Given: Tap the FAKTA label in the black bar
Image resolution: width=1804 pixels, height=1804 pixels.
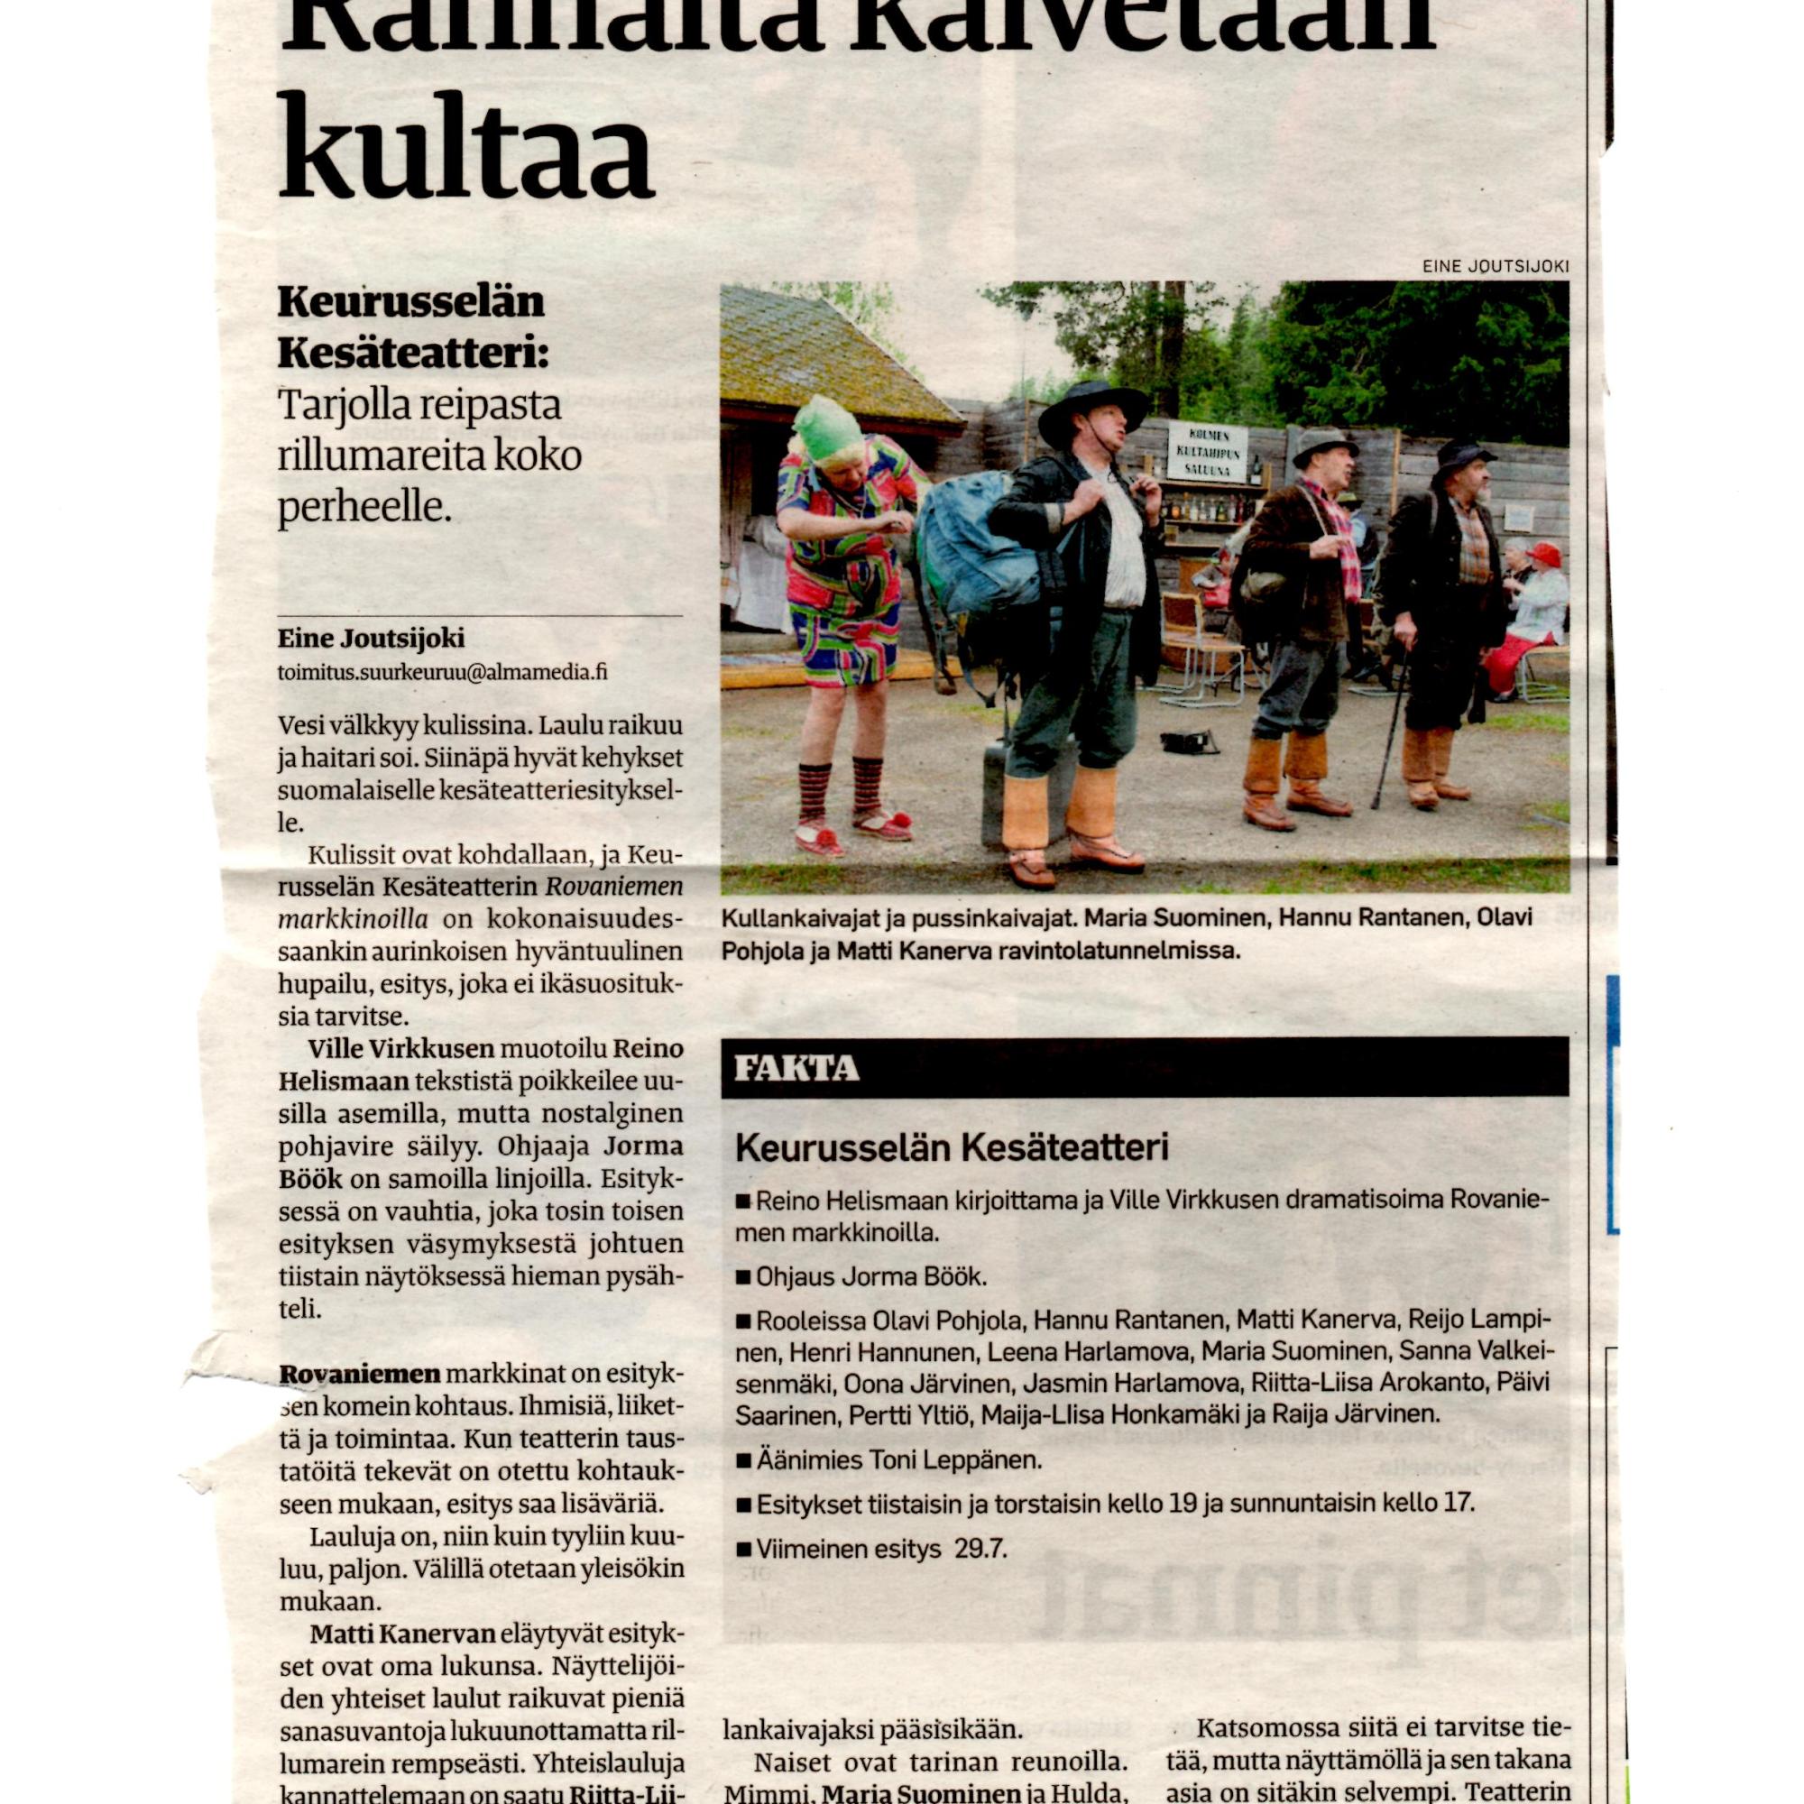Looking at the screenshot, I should [x=796, y=1068].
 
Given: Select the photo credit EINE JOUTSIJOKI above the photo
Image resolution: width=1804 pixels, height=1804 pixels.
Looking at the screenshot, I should [x=1496, y=266].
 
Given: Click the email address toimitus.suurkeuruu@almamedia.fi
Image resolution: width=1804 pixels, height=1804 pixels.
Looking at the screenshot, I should [x=443, y=672].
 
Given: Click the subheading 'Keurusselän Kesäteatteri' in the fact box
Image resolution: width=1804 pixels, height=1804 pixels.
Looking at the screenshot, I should [x=952, y=1147].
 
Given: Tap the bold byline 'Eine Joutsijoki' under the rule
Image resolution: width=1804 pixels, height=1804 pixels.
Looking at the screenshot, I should [x=371, y=639].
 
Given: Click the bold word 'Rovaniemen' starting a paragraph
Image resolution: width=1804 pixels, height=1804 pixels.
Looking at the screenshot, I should [x=360, y=1375].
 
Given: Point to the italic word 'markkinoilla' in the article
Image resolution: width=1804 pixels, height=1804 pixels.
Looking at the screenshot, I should [x=353, y=919].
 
